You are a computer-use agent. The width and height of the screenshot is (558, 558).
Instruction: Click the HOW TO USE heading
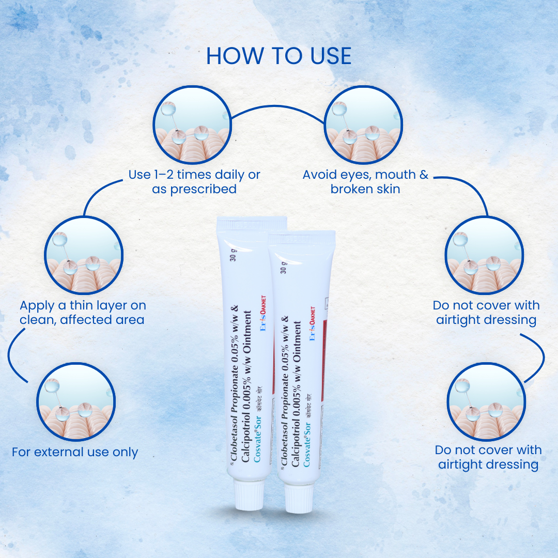[279, 56]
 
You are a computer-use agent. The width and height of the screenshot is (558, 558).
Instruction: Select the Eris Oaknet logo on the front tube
[312, 323]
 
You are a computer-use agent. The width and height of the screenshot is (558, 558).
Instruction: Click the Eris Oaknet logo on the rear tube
[263, 320]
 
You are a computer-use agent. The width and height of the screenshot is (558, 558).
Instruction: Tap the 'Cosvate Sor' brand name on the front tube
[307, 443]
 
